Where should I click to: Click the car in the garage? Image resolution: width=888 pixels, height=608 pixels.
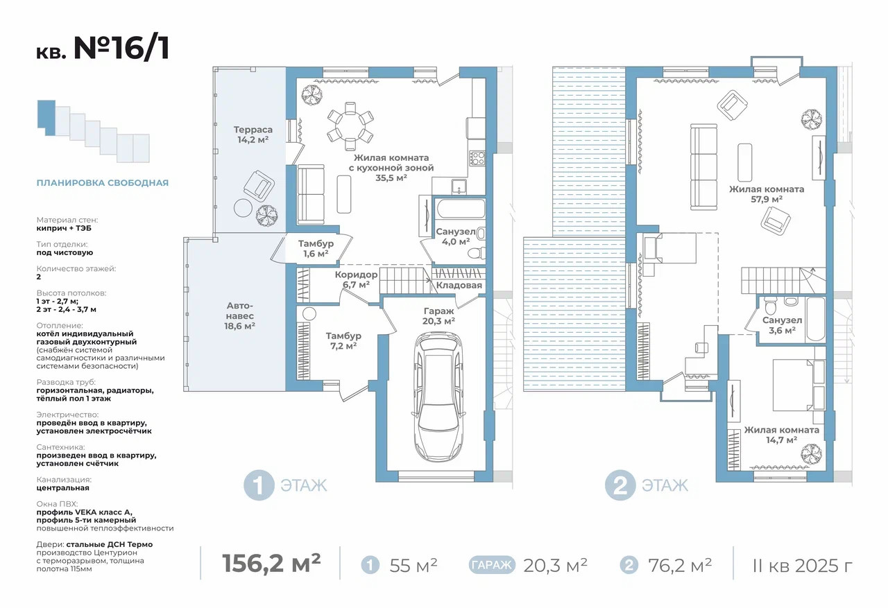coord(438,397)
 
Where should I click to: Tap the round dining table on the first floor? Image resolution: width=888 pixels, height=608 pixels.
coord(350,126)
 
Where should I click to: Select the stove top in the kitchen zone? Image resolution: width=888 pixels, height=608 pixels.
coord(477,159)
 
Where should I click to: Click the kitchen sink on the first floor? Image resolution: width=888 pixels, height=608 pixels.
coord(459,186)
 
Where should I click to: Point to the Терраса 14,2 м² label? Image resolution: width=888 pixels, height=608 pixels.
coord(253,134)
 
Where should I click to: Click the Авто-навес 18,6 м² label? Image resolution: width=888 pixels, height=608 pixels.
coord(239,316)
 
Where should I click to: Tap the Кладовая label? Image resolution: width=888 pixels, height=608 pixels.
coord(459,285)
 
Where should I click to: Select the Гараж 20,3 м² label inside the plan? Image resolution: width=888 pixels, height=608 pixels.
coord(438,316)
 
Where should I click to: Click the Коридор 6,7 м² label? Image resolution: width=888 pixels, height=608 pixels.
coord(356,279)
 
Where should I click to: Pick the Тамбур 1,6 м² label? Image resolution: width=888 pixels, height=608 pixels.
coord(316,248)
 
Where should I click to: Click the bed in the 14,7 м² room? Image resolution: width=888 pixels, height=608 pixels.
coord(799,385)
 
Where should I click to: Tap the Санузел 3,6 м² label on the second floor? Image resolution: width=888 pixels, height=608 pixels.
coord(782,325)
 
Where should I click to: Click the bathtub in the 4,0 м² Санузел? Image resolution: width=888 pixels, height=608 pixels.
coord(461,209)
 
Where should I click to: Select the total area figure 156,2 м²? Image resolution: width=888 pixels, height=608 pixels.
coord(271,563)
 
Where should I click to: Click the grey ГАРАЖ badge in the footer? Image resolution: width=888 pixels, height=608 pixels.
coord(492,565)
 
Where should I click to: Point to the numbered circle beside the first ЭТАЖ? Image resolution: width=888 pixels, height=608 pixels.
coord(259,485)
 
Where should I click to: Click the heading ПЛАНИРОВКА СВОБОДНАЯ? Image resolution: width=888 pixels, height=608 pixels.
coord(103,183)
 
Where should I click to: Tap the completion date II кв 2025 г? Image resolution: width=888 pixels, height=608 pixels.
coord(803,566)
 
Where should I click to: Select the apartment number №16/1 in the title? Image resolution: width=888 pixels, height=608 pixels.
coord(121,49)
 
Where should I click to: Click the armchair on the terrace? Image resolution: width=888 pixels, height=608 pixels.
coord(259,186)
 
